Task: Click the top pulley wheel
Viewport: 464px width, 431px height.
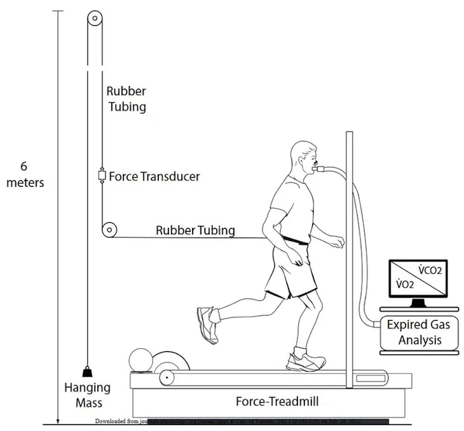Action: click(94, 19)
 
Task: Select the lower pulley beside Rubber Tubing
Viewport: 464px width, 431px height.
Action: click(109, 230)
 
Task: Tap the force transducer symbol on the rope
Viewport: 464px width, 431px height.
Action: click(102, 176)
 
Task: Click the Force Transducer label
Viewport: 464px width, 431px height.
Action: click(155, 176)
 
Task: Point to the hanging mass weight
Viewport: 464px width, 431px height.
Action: click(87, 372)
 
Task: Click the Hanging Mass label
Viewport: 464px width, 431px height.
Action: click(87, 394)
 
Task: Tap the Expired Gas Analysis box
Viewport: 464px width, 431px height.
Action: click(419, 332)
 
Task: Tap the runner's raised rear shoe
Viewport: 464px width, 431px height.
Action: click(207, 323)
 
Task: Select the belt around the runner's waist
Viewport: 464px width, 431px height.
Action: click(295, 240)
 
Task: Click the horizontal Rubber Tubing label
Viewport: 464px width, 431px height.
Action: click(195, 230)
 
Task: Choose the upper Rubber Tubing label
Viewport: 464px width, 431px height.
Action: click(126, 98)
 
